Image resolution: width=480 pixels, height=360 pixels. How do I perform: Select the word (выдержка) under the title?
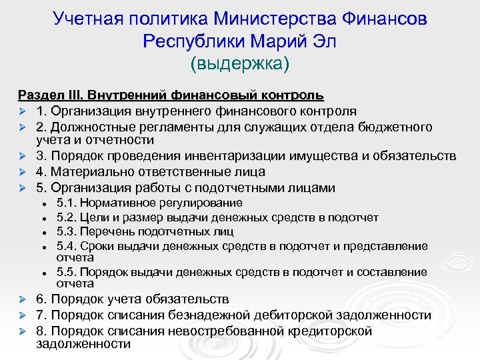pyautogui.click(x=240, y=64)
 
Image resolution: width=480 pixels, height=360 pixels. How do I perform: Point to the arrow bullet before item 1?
pyautogui.click(x=22, y=111)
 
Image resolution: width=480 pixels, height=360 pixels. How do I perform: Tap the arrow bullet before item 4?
pyautogui.click(x=22, y=173)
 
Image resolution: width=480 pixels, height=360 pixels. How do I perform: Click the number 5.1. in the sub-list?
pyautogui.click(x=68, y=203)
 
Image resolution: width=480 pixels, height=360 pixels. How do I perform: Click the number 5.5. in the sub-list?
pyautogui.click(x=68, y=272)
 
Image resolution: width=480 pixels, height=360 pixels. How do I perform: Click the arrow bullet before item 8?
pyautogui.click(x=22, y=331)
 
